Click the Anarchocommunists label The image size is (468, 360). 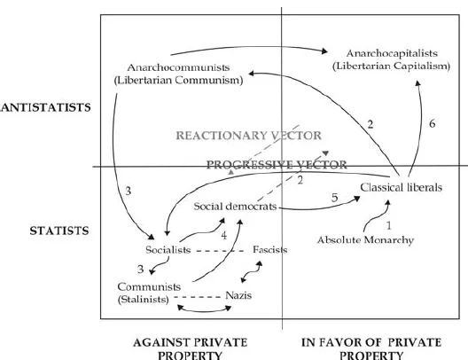178,67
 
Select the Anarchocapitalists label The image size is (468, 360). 392,53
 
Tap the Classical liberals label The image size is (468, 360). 402,187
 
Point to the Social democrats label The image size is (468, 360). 235,207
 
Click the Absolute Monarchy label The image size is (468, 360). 365,240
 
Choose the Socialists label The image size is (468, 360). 168,249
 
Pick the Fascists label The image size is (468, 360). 270,249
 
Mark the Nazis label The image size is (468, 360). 238,295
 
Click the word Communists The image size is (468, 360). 149,286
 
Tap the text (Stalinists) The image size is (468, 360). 144,299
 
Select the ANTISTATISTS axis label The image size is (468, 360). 45,107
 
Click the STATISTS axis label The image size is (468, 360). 59,231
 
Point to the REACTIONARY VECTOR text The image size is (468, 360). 248,136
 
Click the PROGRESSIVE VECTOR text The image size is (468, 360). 277,164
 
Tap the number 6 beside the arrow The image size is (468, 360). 433,123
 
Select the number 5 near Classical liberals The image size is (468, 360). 334,198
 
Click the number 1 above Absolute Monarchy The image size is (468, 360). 388,225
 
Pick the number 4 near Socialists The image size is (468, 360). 224,236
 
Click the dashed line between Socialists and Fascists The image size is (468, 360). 220,251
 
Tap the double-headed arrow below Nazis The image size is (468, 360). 205,311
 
